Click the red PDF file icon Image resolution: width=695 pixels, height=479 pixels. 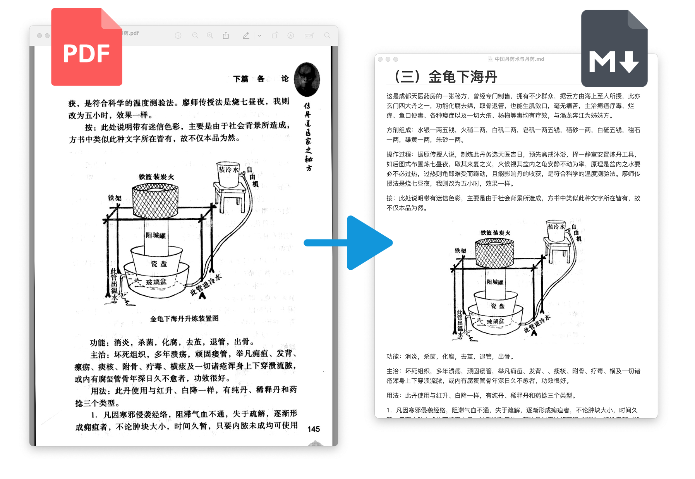tap(86, 47)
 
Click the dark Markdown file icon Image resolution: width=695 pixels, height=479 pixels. tap(614, 49)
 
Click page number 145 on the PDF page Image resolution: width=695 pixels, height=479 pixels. tap(314, 429)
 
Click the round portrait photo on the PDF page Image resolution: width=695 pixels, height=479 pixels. tap(307, 79)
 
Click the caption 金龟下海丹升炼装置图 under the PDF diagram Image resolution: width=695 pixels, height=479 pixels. tap(184, 319)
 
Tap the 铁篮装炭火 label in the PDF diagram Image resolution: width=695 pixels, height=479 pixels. tap(156, 177)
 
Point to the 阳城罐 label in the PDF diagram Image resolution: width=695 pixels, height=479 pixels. tap(156, 235)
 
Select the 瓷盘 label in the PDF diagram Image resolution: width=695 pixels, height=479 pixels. tap(159, 264)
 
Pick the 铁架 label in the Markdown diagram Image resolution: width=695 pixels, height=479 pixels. tap(460, 250)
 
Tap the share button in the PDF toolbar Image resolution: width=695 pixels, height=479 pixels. tap(226, 36)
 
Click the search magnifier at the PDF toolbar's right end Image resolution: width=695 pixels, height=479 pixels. tap(327, 36)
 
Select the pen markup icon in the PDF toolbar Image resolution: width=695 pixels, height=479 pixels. tap(246, 36)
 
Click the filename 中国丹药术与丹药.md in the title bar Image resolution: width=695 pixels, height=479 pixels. tap(519, 59)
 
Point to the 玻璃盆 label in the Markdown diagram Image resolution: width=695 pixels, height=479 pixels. tap(495, 321)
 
